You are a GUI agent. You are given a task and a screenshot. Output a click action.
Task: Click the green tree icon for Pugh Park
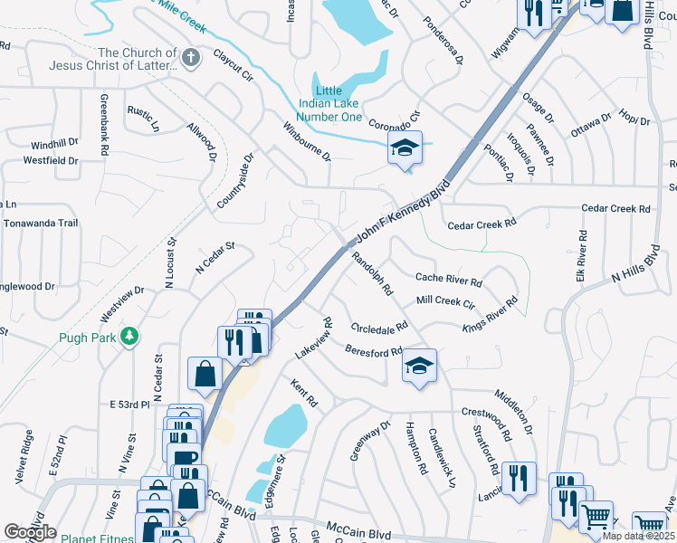point(130,336)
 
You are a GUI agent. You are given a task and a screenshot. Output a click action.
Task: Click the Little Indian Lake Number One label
point(338,104)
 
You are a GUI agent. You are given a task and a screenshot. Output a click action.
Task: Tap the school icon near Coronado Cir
point(405,148)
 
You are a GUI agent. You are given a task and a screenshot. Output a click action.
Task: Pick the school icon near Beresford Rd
point(419,366)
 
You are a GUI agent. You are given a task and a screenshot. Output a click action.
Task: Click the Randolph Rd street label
point(372,273)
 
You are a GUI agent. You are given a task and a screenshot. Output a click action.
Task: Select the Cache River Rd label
point(448,280)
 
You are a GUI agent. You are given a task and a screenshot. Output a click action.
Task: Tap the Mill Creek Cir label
point(445,302)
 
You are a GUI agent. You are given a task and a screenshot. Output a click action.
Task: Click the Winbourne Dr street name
point(307,142)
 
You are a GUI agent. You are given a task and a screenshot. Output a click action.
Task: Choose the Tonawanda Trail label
point(41,223)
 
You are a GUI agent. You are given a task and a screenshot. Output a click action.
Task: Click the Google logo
point(30,532)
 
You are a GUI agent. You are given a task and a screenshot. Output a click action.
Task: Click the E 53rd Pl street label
point(129,404)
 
